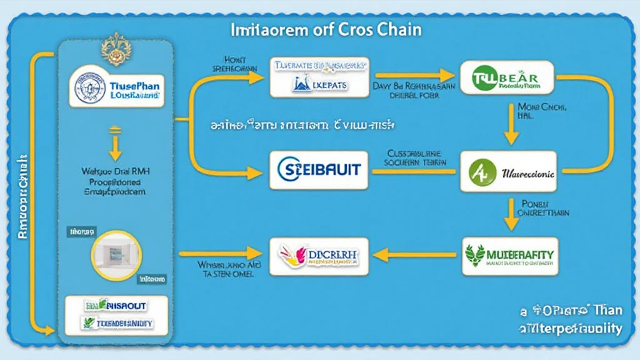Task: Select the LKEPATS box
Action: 319,77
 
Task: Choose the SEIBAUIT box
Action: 319,169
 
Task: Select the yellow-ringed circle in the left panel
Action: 116,255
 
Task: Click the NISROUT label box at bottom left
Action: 116,305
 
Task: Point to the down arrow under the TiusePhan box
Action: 115,144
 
